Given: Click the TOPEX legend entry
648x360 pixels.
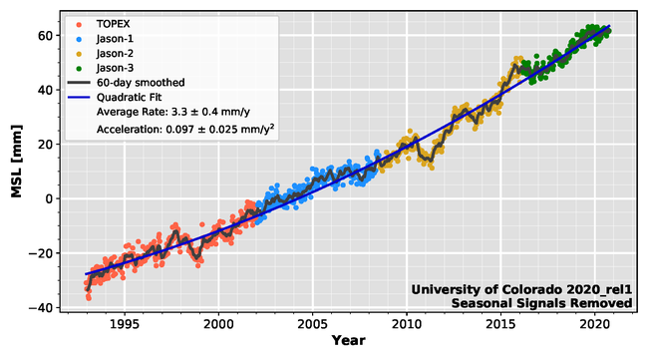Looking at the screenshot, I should tap(112, 20).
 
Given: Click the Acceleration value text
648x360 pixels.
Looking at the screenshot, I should tap(185, 130).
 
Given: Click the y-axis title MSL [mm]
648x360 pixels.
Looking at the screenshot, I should tap(17, 163).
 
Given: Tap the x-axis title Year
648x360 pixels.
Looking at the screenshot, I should tap(348, 341).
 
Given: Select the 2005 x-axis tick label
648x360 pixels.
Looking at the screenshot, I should tap(312, 323).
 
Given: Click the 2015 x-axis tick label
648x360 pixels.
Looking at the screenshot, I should tap(500, 323).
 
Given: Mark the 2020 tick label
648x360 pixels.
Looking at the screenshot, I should tap(594, 323).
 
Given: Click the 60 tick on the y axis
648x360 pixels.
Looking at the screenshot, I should tap(46, 35).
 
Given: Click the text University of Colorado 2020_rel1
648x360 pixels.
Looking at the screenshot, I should tap(521, 290).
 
